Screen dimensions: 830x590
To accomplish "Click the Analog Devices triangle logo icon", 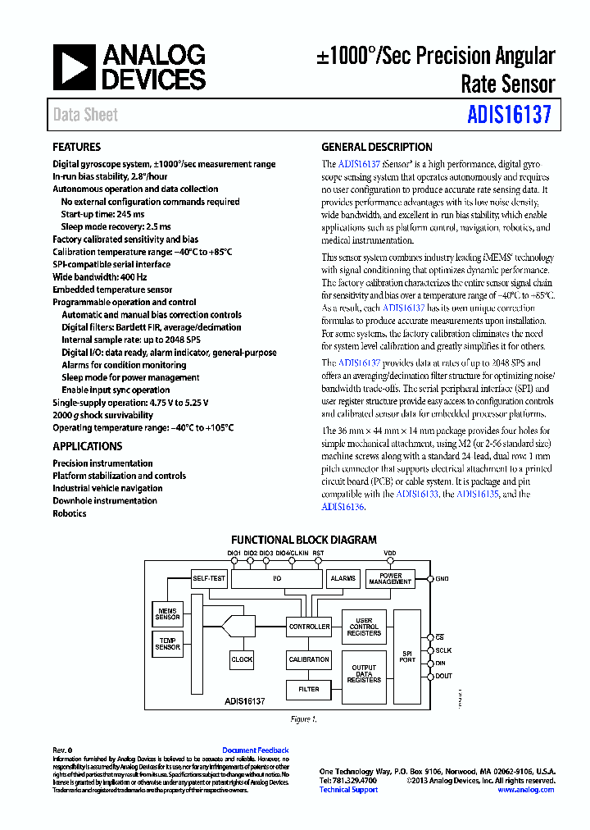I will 75,66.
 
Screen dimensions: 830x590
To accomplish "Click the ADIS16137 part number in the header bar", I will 510,115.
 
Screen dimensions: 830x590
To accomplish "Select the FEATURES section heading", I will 77,148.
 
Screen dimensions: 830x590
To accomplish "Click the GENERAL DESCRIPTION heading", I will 376,148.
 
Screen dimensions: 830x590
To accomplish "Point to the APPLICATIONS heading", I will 87,446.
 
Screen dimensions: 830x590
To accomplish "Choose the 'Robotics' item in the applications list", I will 70,513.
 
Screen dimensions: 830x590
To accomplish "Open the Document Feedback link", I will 255,750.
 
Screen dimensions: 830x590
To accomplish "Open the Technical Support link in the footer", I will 348,790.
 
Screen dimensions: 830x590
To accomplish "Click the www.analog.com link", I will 525,790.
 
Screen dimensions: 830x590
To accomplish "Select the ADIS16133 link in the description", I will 416,495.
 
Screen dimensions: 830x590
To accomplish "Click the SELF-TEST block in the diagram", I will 209,578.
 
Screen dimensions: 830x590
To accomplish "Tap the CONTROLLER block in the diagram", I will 309,627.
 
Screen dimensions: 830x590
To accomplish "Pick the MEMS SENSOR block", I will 168,613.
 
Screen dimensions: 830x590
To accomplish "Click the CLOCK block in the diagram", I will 242,659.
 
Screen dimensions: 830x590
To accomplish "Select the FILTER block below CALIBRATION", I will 309,690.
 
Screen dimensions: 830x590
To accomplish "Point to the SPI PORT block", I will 407,656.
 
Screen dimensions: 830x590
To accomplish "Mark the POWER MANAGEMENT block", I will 390,578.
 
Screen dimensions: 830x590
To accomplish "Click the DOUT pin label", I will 443,676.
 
